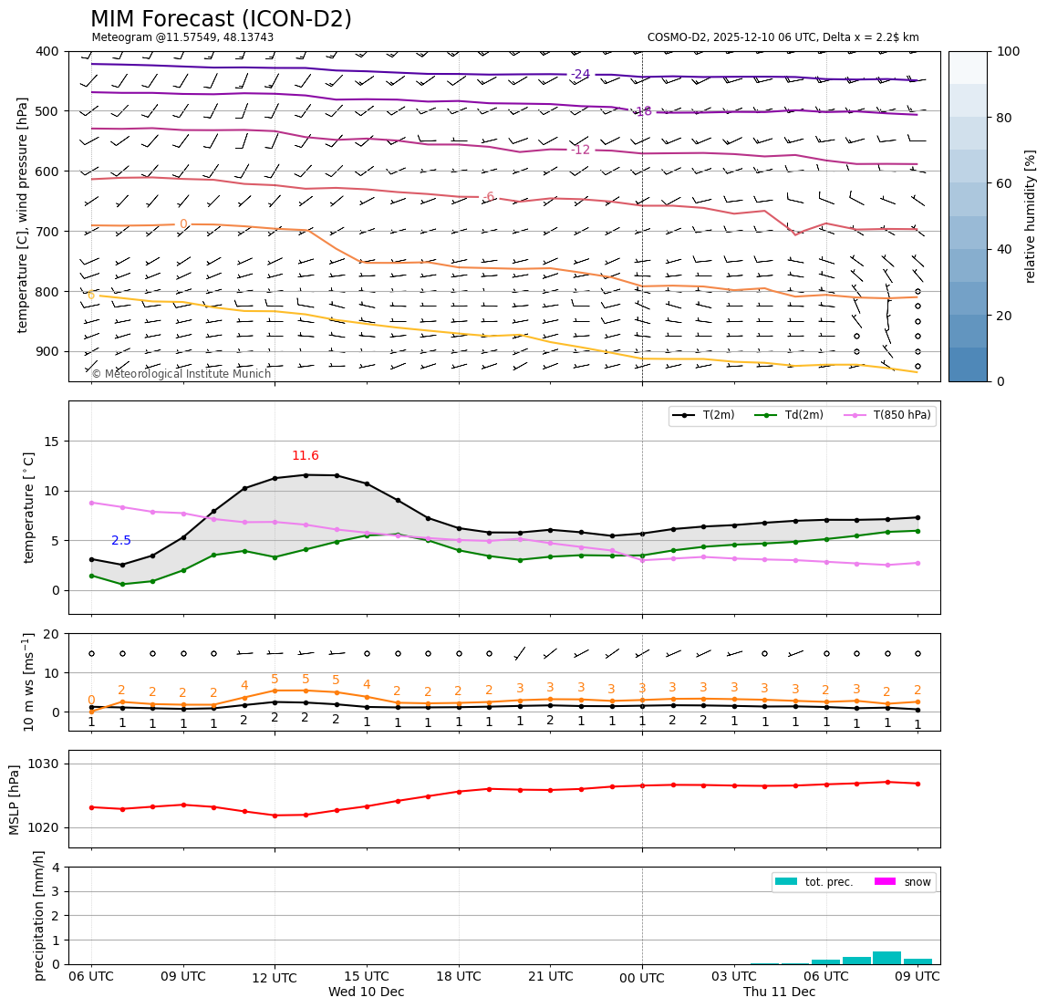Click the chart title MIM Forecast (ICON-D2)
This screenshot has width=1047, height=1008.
tap(221, 19)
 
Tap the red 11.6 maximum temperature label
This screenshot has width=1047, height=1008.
tap(306, 456)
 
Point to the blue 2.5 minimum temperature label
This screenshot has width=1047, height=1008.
tap(121, 541)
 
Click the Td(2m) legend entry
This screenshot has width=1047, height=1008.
tap(803, 416)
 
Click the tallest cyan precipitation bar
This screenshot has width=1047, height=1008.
tap(886, 957)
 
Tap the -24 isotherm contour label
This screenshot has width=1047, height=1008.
tap(580, 75)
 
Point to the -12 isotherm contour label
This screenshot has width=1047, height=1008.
tap(580, 151)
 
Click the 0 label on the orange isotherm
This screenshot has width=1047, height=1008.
tap(183, 224)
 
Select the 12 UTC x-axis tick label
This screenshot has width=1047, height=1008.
tap(275, 977)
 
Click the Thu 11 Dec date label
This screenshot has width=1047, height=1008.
tap(779, 992)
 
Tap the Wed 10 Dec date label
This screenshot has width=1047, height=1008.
tap(366, 992)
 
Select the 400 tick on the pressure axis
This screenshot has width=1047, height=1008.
tap(46, 51)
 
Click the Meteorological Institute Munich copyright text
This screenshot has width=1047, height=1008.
tap(181, 374)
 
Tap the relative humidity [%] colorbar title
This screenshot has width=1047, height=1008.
tap(1031, 216)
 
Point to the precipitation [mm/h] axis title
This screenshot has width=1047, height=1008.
tap(39, 915)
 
